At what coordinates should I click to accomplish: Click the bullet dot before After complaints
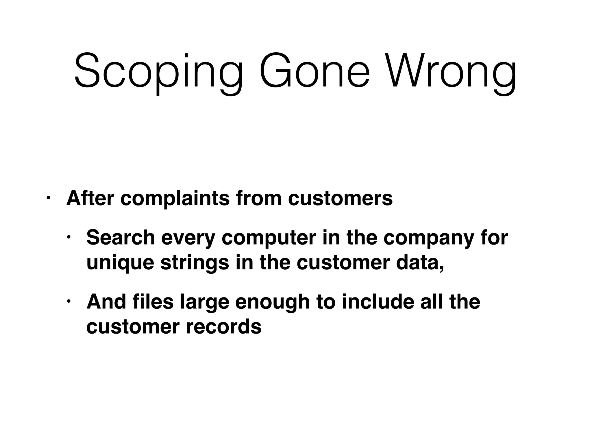click(48, 198)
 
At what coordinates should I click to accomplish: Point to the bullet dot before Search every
click(69, 237)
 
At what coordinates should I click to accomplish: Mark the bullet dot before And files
click(69, 302)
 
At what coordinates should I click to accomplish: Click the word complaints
click(175, 199)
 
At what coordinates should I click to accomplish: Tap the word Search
click(121, 237)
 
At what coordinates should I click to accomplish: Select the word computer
click(269, 238)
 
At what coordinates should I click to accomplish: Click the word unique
click(120, 263)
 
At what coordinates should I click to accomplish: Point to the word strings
click(195, 263)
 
